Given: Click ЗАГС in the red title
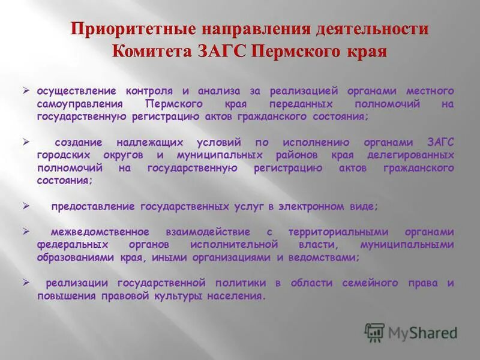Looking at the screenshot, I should coord(219,50).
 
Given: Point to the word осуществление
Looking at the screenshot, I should coord(76,91).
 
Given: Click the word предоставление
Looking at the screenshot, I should coord(93,206).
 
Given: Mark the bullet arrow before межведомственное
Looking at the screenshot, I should coord(26,232).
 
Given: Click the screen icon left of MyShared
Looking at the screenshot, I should coord(374,332).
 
